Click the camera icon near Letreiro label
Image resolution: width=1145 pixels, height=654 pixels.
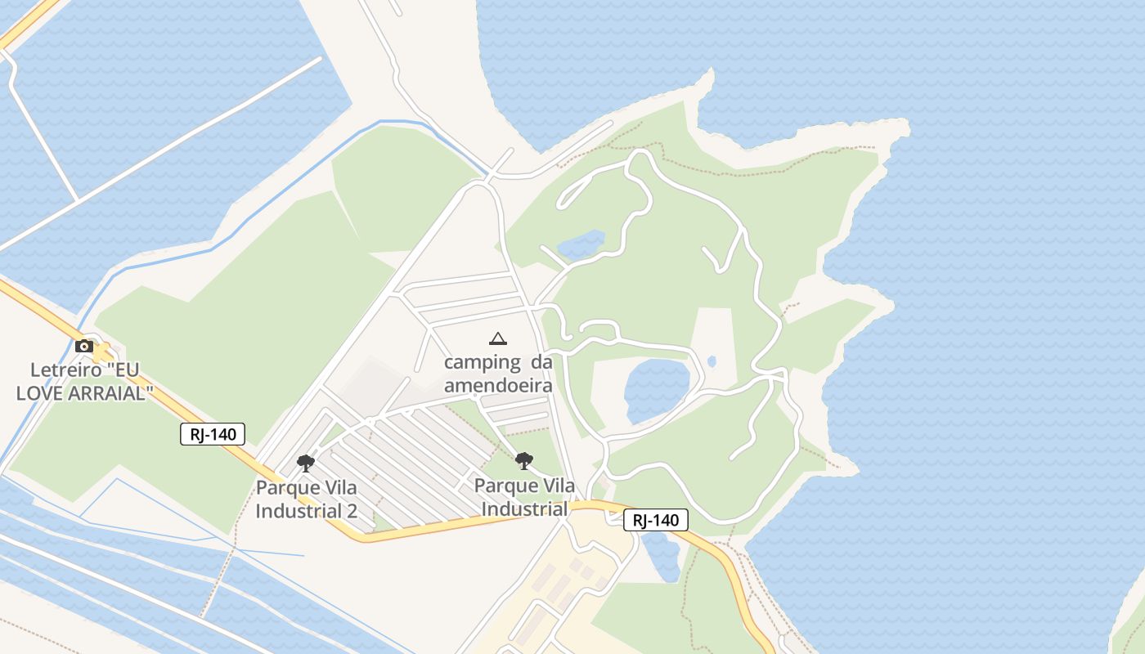pos(83,346)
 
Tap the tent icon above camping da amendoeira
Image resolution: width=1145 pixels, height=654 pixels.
pos(497,338)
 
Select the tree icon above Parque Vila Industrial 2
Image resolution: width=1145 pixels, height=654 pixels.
pos(306,464)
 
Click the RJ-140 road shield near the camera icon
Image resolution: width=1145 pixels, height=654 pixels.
pos(213,434)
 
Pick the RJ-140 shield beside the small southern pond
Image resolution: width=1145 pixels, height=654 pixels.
pos(656,520)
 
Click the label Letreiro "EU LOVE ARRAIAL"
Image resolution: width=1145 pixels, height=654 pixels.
pos(85,381)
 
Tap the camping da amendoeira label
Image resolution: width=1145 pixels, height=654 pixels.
pos(498,374)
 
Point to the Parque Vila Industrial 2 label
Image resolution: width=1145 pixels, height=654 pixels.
pos(307,499)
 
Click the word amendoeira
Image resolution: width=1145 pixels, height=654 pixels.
pos(498,385)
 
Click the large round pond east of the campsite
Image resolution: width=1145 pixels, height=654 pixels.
pos(657,390)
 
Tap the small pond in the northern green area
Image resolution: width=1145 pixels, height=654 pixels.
pos(581,244)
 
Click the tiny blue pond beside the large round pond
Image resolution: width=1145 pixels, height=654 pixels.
pos(712,361)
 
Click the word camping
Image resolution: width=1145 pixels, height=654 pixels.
pos(482,362)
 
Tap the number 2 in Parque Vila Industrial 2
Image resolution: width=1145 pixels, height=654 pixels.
pos(352,511)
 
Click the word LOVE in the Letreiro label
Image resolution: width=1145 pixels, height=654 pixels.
pos(42,392)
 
